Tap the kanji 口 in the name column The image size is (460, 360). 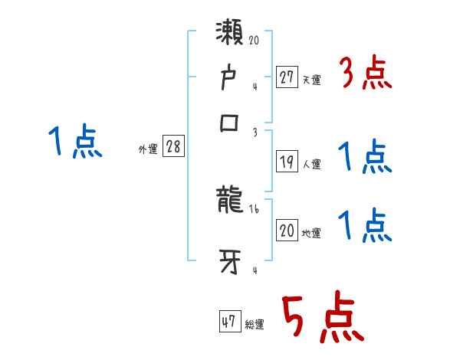coord(230,124)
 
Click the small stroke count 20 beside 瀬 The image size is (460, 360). coord(255,39)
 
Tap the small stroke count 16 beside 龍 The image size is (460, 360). coord(254,208)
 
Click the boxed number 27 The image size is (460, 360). coord(286,77)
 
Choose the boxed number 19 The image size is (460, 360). coord(286,161)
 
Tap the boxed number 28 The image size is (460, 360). coord(173,147)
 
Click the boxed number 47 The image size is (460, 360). coord(229,322)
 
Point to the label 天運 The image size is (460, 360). coord(311,80)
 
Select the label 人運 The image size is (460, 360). coord(312,164)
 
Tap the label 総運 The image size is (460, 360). coord(255,325)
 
